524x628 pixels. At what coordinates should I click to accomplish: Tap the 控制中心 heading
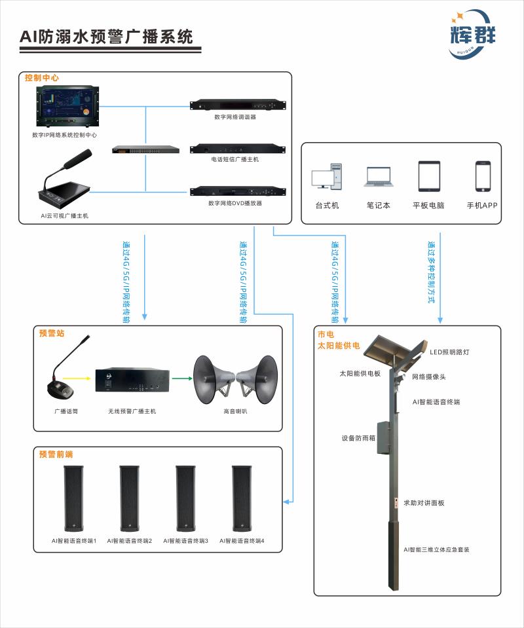[42, 78]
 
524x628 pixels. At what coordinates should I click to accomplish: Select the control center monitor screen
[67, 105]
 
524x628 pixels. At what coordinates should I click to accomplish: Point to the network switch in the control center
[145, 149]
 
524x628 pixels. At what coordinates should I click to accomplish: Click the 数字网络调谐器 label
[235, 117]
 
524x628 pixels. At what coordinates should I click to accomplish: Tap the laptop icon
[379, 177]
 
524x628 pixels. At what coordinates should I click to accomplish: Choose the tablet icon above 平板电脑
[428, 175]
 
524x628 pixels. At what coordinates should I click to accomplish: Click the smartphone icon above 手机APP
[483, 175]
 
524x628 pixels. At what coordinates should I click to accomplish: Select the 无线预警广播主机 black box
[132, 382]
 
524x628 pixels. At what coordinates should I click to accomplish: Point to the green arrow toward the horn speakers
[180, 378]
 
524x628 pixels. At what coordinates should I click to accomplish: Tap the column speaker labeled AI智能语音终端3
[185, 499]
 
